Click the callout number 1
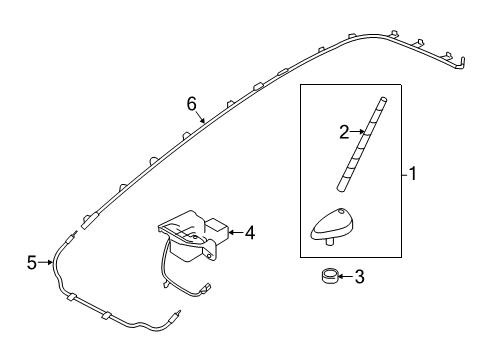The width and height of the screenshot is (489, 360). click(x=412, y=174)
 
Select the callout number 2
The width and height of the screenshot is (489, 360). click(x=344, y=130)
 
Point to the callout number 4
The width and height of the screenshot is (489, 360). click(x=249, y=233)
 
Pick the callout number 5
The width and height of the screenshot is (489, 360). click(x=31, y=263)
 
